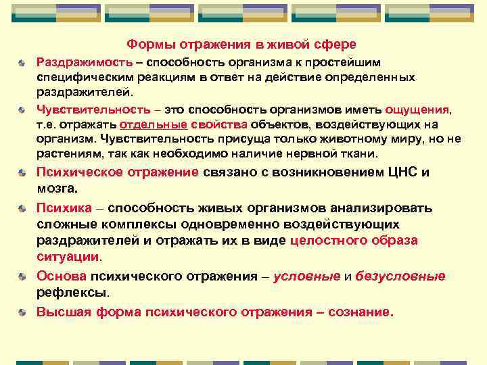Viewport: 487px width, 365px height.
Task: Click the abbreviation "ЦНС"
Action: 403,172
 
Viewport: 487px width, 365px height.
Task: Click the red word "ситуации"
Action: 67,257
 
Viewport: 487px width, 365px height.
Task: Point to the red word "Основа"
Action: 62,276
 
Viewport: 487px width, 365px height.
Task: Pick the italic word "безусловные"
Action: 400,276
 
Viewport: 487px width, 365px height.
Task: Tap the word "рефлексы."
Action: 72,293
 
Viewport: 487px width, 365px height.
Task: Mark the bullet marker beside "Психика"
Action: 23,208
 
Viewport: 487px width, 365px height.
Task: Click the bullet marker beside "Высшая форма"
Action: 23,313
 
